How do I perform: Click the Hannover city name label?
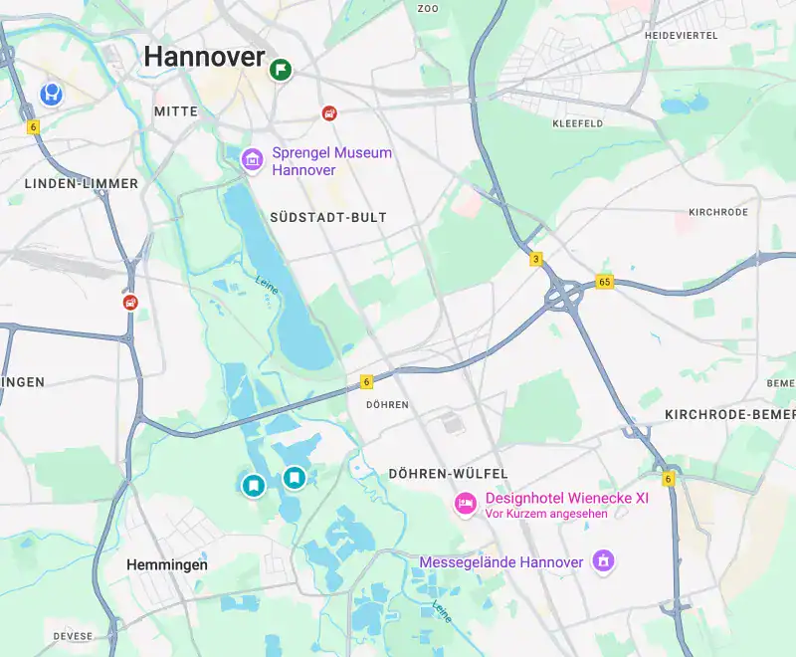coord(204,57)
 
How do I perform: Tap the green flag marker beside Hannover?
coord(282,69)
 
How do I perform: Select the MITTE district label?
coord(176,111)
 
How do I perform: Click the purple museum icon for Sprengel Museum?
coord(253,158)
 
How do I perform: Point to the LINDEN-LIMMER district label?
coord(82,184)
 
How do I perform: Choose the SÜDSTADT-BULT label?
coord(328,217)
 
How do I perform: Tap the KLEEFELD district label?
coord(577,123)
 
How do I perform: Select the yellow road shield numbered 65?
coord(605,282)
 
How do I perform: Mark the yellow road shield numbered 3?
coord(536,259)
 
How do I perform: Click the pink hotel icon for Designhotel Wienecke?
coord(465,504)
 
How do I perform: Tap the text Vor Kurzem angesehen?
coord(546,514)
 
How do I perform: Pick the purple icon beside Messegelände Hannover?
coord(601,562)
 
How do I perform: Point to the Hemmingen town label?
coord(167,564)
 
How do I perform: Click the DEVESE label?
coord(74,636)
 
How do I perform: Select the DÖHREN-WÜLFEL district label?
coord(449,474)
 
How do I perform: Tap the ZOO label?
coord(428,8)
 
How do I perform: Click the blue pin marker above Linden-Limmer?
coord(51,94)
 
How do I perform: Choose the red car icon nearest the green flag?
coord(329,112)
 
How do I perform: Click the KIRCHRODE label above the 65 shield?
coord(718,213)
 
